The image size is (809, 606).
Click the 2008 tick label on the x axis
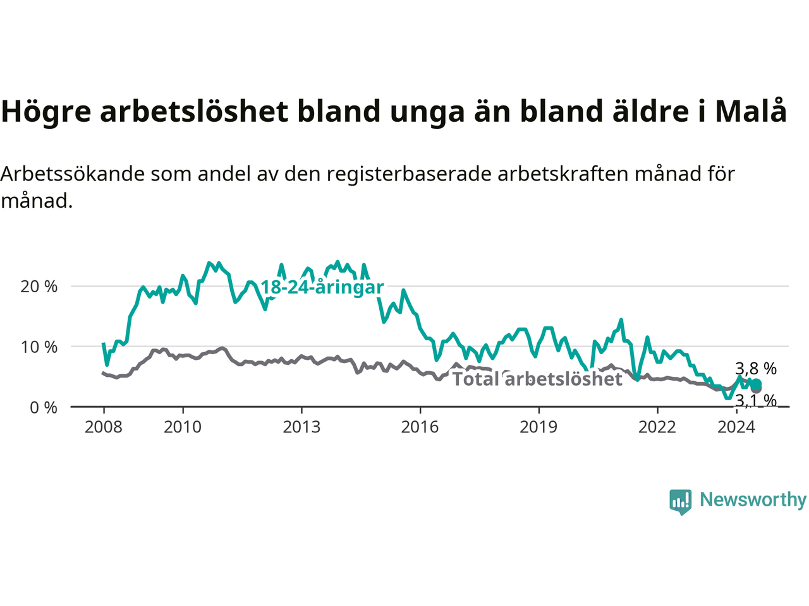point(103,427)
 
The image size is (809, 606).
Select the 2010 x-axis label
point(183,427)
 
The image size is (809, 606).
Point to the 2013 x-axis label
point(301,427)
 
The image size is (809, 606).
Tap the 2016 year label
point(420,427)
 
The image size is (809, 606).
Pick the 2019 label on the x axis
point(538,427)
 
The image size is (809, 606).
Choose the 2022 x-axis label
point(657,427)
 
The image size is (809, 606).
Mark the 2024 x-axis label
point(736,427)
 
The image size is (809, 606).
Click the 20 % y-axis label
point(39,287)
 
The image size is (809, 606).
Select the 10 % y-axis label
point(39,347)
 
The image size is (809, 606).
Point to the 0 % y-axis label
point(44,408)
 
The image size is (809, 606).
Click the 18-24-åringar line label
point(322,287)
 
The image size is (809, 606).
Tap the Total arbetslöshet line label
point(537,379)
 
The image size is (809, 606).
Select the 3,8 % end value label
point(756,369)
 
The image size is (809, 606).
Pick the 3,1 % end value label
point(756,400)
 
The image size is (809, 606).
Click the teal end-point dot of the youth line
point(757,384)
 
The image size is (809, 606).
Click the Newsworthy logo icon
point(680,502)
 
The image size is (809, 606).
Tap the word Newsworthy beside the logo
point(753,500)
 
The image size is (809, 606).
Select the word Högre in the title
point(46,112)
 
